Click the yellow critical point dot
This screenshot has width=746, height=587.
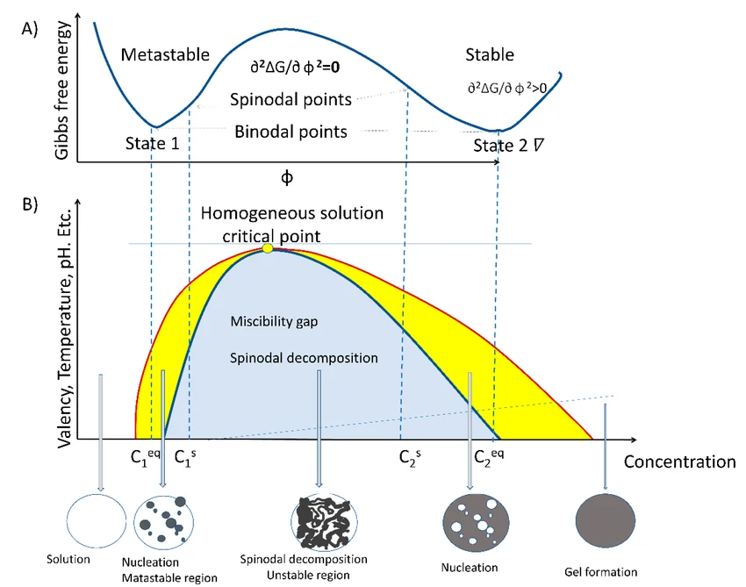(268, 248)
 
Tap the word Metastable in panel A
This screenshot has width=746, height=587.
(165, 54)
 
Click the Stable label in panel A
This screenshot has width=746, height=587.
(490, 54)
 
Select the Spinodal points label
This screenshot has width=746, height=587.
(291, 99)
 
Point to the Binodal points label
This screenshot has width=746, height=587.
(291, 132)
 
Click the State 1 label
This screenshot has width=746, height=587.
(152, 143)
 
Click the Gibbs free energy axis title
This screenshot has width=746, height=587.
(62, 90)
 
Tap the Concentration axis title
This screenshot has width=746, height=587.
(679, 462)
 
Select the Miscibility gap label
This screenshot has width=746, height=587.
(274, 321)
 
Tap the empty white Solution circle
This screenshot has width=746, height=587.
(97, 521)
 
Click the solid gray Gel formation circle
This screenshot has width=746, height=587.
(606, 521)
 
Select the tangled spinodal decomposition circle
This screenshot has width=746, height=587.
(324, 522)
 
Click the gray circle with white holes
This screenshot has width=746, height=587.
(476, 522)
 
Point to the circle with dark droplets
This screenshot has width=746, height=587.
(163, 522)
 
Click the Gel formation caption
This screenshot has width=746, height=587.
(601, 572)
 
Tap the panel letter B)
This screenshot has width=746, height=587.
(30, 204)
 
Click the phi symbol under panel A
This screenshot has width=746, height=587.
(287, 177)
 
